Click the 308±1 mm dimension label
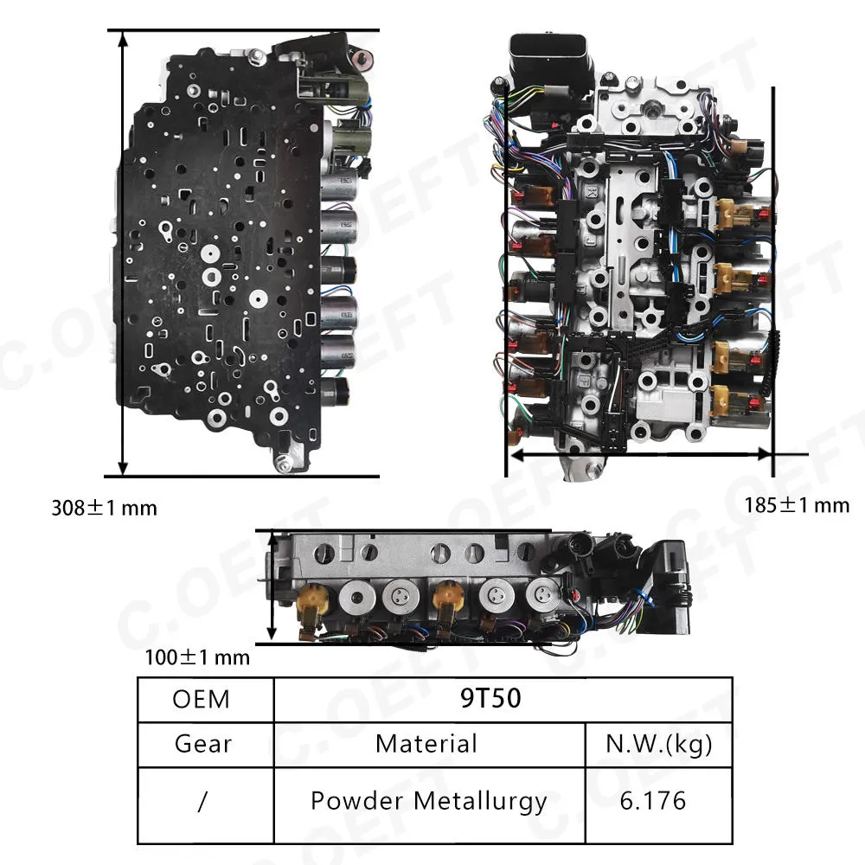[x=105, y=508]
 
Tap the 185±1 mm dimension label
[x=797, y=505]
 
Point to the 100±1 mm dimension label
[x=197, y=657]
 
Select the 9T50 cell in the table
[x=490, y=698]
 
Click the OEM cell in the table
[x=201, y=699]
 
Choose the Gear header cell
[x=203, y=744]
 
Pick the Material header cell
[x=426, y=744]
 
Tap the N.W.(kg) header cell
[x=658, y=744]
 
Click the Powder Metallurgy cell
[x=429, y=802]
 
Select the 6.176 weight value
[x=652, y=801]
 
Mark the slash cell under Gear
[x=202, y=801]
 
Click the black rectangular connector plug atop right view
[x=550, y=63]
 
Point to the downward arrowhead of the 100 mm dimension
[x=271, y=633]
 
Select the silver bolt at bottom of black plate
[x=284, y=465]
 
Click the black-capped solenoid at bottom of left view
[x=336, y=392]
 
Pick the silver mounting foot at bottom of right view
[x=582, y=468]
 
